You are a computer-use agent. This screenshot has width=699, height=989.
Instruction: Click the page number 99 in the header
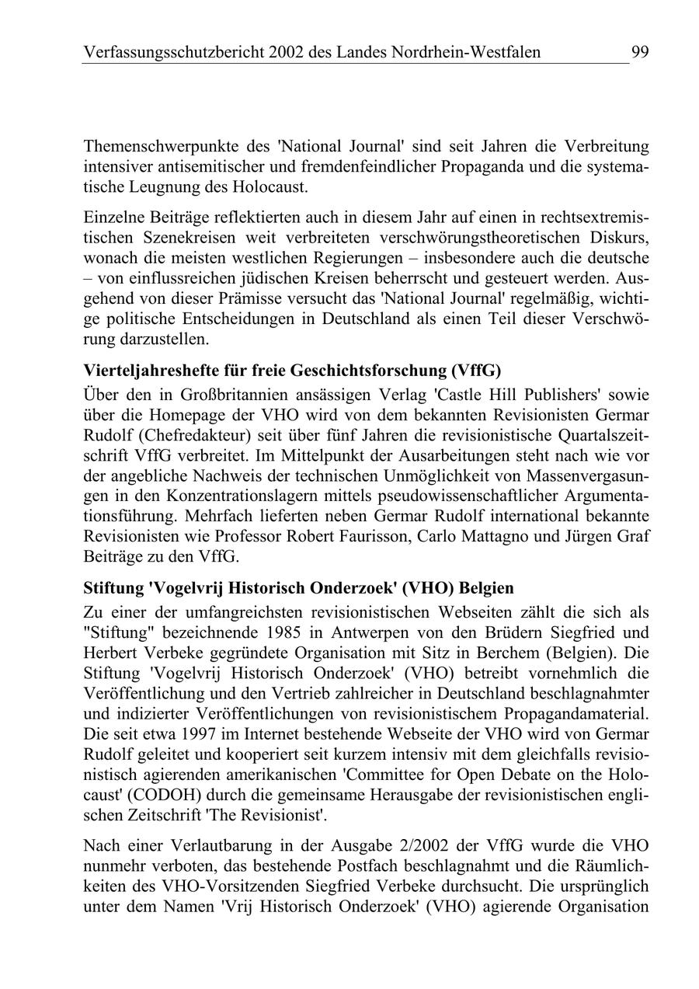pyautogui.click(x=640, y=52)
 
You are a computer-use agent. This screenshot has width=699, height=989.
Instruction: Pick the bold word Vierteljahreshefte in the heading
pyautogui.click(x=144, y=371)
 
